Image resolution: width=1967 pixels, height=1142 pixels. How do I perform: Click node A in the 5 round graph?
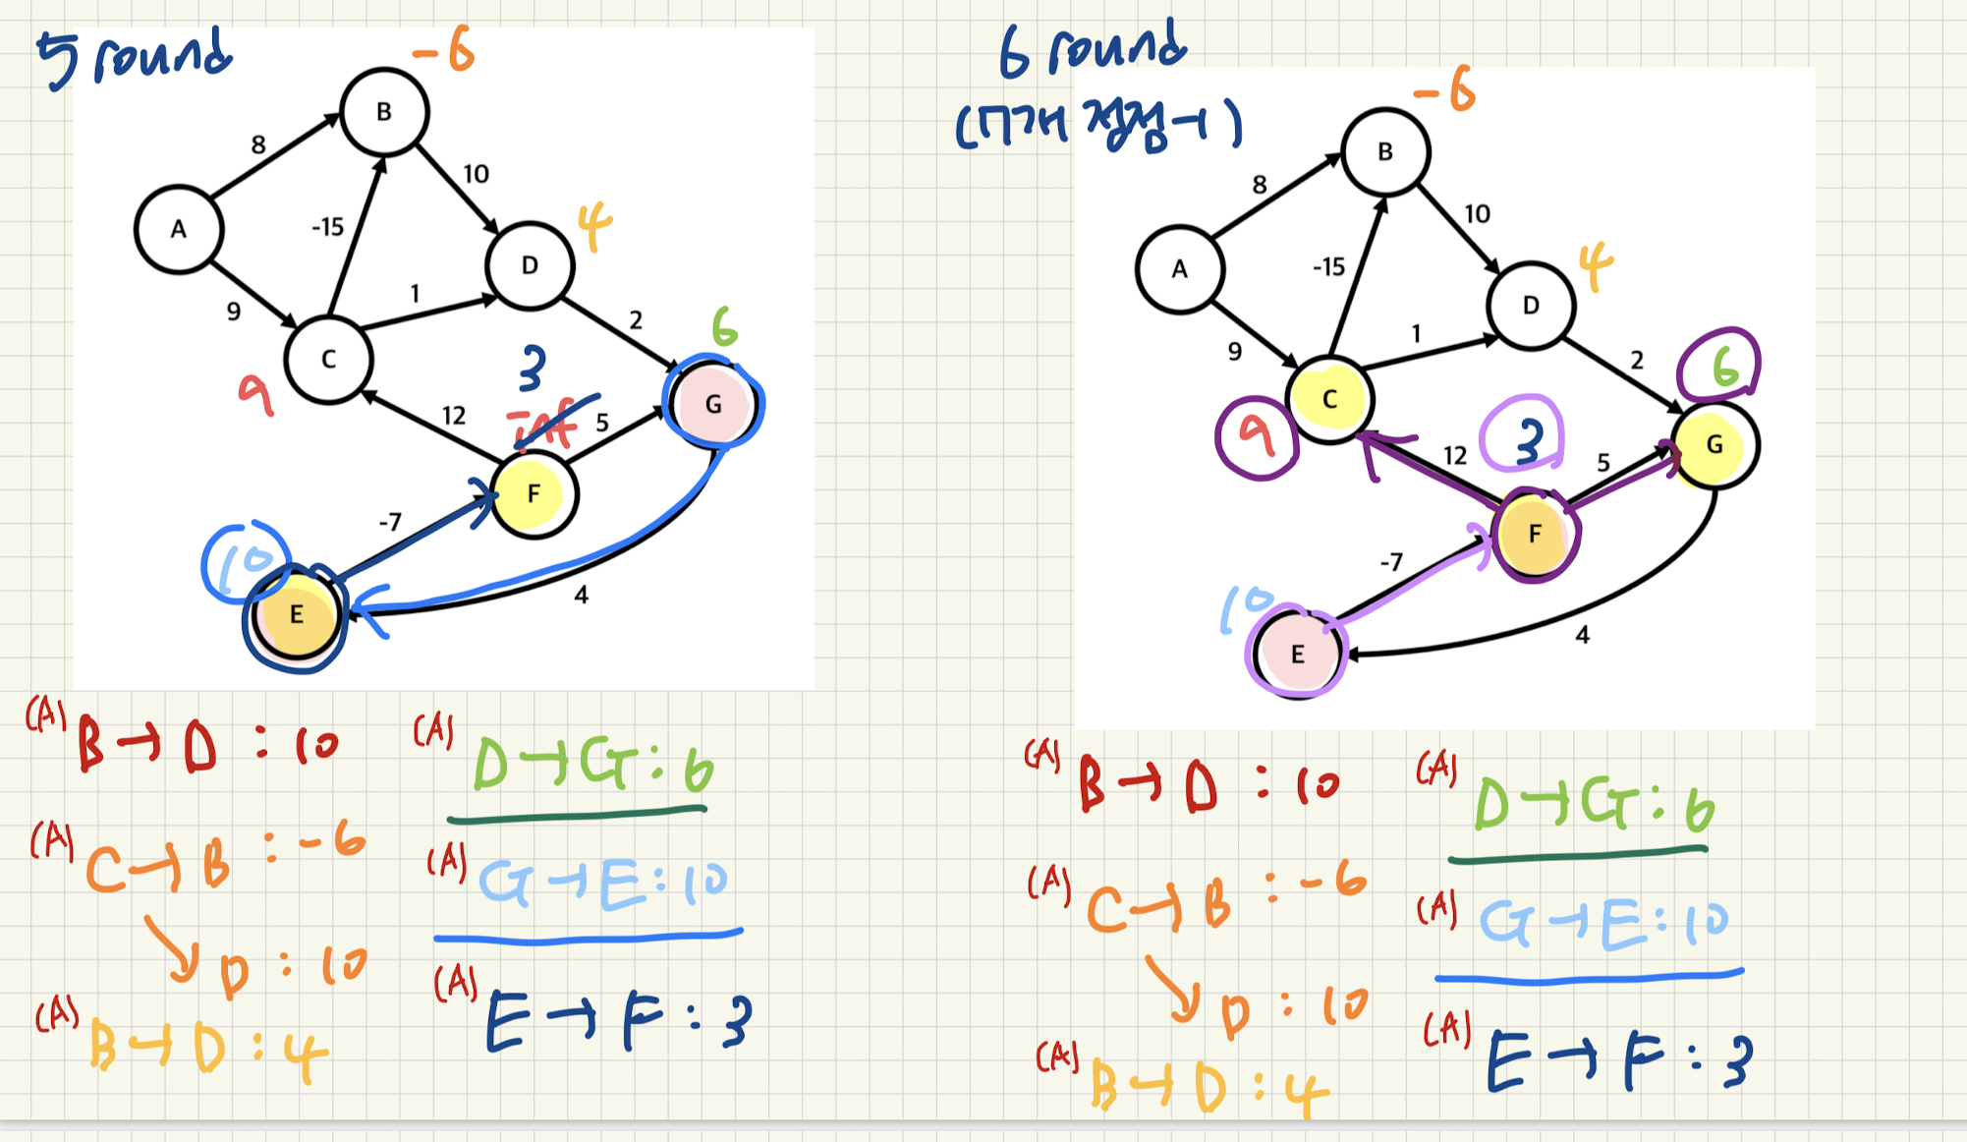179,230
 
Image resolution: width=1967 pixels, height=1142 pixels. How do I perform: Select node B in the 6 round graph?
1385,152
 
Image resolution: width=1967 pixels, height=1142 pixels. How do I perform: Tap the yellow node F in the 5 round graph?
534,493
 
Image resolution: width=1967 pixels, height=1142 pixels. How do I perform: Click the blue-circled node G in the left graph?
713,404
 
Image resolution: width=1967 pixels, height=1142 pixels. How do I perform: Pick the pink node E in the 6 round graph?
1297,654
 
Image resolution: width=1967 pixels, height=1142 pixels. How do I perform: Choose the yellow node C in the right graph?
1329,399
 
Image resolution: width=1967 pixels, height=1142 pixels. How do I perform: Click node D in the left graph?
530,265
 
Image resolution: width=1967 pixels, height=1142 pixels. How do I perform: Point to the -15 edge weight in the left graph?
327,228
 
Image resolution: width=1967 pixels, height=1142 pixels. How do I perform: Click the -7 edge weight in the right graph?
1391,562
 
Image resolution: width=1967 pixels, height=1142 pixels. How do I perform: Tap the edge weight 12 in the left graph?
453,416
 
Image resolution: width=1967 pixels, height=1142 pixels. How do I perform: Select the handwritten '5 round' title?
135,56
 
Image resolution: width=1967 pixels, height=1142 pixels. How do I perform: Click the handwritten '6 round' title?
1093,49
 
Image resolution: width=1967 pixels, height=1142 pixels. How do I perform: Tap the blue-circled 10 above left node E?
246,561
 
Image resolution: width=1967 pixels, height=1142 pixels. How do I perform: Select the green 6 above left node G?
724,327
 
